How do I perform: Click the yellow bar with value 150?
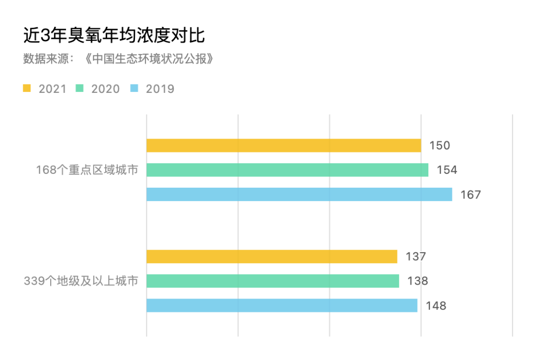[283, 145]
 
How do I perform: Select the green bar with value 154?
[287, 170]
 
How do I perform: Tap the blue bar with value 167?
[299, 194]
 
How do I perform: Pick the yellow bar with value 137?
[272, 257]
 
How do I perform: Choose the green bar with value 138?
[273, 281]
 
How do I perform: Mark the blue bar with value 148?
[282, 305]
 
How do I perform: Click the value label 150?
[440, 145]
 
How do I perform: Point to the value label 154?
[447, 170]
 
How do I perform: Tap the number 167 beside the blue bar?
[470, 194]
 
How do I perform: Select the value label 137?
[416, 257]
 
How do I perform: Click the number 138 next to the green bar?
[417, 281]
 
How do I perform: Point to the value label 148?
[436, 305]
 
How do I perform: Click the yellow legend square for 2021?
[27, 88]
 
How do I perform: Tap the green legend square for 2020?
[79, 88]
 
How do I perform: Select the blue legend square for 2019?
[134, 88]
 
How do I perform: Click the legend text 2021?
[53, 89]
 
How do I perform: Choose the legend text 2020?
[106, 89]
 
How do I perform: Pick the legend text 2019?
[160, 89]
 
